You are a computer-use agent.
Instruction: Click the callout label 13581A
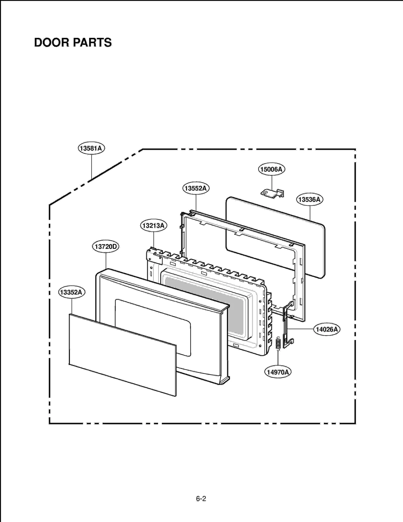point(91,148)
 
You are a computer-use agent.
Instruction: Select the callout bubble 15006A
point(272,169)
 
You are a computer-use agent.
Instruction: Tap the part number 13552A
point(196,188)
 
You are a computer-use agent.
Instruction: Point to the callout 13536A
point(309,199)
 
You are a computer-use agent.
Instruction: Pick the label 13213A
point(153,225)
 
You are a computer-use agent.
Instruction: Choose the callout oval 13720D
point(106,246)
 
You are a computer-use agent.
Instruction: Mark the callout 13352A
point(72,292)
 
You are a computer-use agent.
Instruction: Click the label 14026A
point(327,329)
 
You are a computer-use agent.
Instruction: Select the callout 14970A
point(278,372)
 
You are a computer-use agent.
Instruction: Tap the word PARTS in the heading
point(92,43)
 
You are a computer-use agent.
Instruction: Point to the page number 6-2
point(201,499)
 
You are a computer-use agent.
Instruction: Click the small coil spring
point(278,343)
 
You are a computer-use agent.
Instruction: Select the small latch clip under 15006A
point(272,193)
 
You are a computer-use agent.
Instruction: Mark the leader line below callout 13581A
point(91,166)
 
